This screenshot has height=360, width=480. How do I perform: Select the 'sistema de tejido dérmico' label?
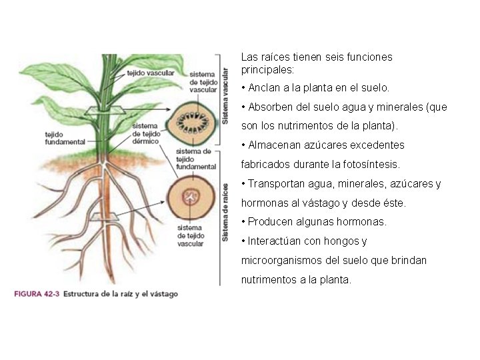145,133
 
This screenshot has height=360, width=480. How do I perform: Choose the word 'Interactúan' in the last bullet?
274,241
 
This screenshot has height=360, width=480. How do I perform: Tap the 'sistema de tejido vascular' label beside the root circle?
191,236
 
